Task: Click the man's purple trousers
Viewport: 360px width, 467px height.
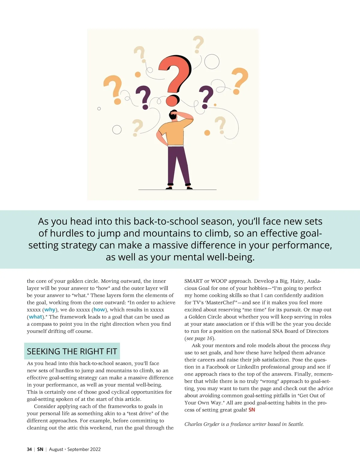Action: click(178, 163)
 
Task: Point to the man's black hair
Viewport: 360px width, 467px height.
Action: click(173, 115)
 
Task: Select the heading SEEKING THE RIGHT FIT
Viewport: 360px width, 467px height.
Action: click(72, 351)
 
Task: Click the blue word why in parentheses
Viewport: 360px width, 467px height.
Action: click(50, 310)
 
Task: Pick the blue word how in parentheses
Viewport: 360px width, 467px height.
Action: click(99, 310)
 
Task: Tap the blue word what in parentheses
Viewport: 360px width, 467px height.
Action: click(35, 317)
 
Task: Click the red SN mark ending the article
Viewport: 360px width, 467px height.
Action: click(252, 410)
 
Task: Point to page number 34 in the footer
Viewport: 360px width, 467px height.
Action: click(29, 449)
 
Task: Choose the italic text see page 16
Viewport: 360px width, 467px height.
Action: click(199, 338)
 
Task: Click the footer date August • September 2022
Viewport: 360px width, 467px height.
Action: click(75, 449)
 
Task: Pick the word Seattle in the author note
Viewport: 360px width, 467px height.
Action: click(295, 424)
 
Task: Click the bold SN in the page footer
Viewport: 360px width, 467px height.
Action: click(40, 449)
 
